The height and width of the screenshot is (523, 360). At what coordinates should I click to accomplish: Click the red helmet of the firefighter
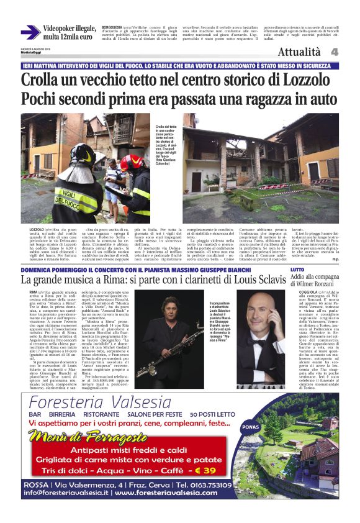click(132, 162)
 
